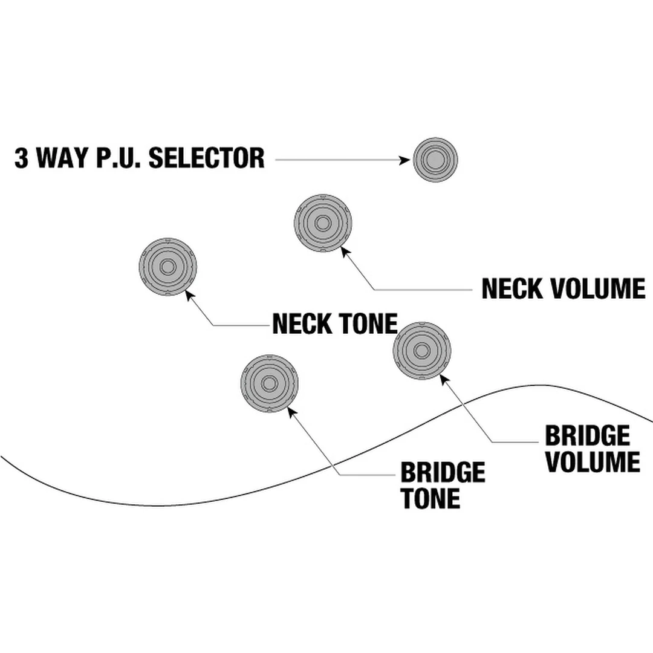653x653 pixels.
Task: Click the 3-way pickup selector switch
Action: [435, 160]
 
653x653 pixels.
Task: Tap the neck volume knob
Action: [323, 224]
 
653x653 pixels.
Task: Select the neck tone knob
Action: [168, 267]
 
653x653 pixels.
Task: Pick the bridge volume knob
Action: [421, 351]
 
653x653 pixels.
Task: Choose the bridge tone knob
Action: [269, 383]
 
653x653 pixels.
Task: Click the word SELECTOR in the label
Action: [206, 158]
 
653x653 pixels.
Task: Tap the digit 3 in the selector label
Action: [22, 158]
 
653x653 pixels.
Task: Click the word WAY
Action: [61, 158]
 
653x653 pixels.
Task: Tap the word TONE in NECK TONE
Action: [368, 324]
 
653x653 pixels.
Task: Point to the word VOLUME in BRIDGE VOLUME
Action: [592, 462]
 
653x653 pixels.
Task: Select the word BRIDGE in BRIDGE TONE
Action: [443, 472]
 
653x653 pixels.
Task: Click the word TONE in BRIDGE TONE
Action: [430, 499]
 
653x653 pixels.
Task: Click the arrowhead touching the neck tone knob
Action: [189, 294]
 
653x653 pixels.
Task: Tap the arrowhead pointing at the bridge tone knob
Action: [291, 412]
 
